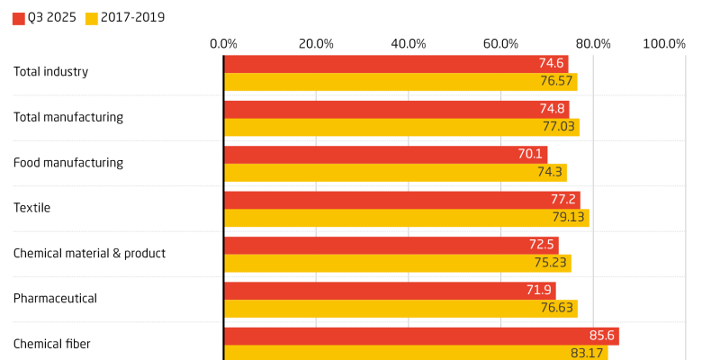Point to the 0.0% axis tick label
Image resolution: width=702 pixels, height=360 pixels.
click(223, 43)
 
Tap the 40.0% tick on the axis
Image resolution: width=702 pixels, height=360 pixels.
click(409, 43)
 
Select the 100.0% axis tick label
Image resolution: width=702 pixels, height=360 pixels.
click(664, 43)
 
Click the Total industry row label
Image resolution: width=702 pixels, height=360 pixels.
click(50, 72)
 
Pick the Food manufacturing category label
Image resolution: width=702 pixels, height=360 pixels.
click(67, 163)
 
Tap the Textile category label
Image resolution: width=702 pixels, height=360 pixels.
click(31, 208)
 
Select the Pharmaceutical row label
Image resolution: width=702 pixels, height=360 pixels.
click(55, 298)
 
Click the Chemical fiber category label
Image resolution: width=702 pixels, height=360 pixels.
click(51, 343)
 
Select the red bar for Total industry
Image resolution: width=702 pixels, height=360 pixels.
click(396, 63)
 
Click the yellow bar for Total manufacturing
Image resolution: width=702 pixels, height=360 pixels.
click(401, 127)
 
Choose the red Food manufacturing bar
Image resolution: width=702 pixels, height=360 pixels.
click(385, 154)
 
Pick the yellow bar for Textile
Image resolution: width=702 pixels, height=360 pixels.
click(406, 218)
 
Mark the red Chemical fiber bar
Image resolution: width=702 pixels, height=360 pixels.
click(421, 336)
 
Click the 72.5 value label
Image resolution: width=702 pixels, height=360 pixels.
click(538, 245)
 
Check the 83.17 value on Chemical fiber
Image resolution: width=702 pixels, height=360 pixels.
click(588, 353)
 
